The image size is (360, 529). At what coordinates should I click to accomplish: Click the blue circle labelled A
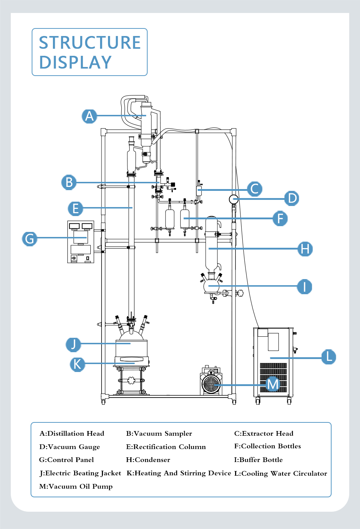click(89, 116)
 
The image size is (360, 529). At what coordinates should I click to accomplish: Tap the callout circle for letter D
click(292, 198)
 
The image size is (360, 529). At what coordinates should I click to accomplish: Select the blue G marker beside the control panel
click(30, 238)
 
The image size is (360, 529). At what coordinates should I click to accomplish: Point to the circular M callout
click(273, 384)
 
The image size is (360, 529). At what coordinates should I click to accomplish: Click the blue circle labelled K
click(77, 364)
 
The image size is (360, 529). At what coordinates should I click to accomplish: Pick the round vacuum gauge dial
click(234, 199)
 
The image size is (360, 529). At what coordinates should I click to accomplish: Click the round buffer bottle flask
click(211, 286)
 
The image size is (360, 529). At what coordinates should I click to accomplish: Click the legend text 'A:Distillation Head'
click(72, 433)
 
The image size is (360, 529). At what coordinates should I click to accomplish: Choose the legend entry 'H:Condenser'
click(148, 460)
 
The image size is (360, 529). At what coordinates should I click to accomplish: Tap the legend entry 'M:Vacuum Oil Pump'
click(76, 486)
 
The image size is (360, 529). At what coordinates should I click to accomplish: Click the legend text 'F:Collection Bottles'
click(267, 446)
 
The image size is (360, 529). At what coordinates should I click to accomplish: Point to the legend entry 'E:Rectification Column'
click(166, 447)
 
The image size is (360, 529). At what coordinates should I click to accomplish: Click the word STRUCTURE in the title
click(90, 42)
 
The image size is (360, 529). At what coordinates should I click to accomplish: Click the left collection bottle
click(170, 219)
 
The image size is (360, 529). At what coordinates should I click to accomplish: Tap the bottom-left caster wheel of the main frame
click(103, 402)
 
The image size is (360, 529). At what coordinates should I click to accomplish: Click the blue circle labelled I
click(304, 287)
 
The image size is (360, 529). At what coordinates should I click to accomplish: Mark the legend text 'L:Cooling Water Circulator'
click(281, 473)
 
